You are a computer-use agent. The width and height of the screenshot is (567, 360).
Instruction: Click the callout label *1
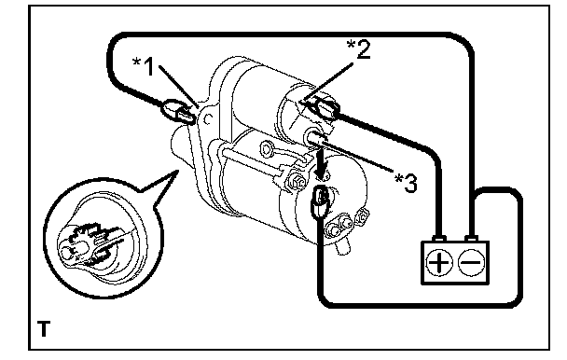coord(144,66)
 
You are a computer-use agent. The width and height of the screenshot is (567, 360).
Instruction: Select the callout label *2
coord(359,49)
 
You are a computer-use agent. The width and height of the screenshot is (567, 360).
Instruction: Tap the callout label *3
coord(406,183)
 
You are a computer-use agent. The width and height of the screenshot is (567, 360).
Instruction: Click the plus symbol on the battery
coord(439,262)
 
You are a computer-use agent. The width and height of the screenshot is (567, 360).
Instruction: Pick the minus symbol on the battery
coord(471,262)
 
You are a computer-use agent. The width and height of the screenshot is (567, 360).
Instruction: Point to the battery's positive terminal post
coord(439,239)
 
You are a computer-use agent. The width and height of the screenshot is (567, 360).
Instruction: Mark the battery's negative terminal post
coord(471,239)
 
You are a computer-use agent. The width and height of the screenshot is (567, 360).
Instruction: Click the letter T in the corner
coord(44,328)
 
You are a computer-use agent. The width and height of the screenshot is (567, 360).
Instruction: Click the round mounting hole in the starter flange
coord(208,119)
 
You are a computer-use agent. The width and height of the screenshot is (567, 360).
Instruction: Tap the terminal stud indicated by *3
coord(315,138)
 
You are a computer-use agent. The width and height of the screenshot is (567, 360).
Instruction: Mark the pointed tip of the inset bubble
coord(178,170)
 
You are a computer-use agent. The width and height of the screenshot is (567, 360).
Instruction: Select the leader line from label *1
coord(179,87)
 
